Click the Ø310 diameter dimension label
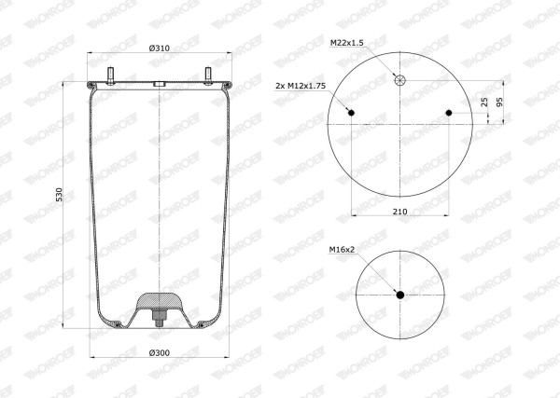(160, 48)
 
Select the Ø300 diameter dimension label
(160, 352)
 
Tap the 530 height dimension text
(60, 195)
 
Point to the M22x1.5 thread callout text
(347, 43)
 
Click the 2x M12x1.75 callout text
(301, 86)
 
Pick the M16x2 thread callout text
(342, 250)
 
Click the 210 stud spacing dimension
(400, 212)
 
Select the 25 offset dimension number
(484, 103)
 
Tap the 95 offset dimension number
(499, 102)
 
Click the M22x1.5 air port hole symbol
(400, 80)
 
